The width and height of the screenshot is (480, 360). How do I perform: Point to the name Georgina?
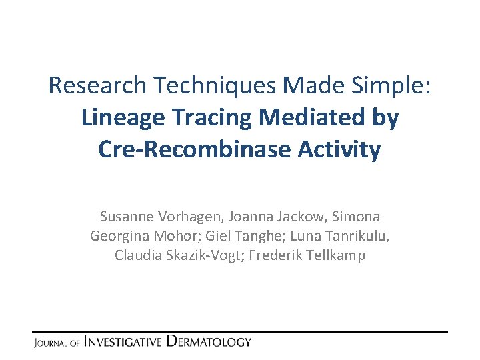pos(118,236)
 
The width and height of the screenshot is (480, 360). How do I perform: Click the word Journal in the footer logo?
pos(49,343)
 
